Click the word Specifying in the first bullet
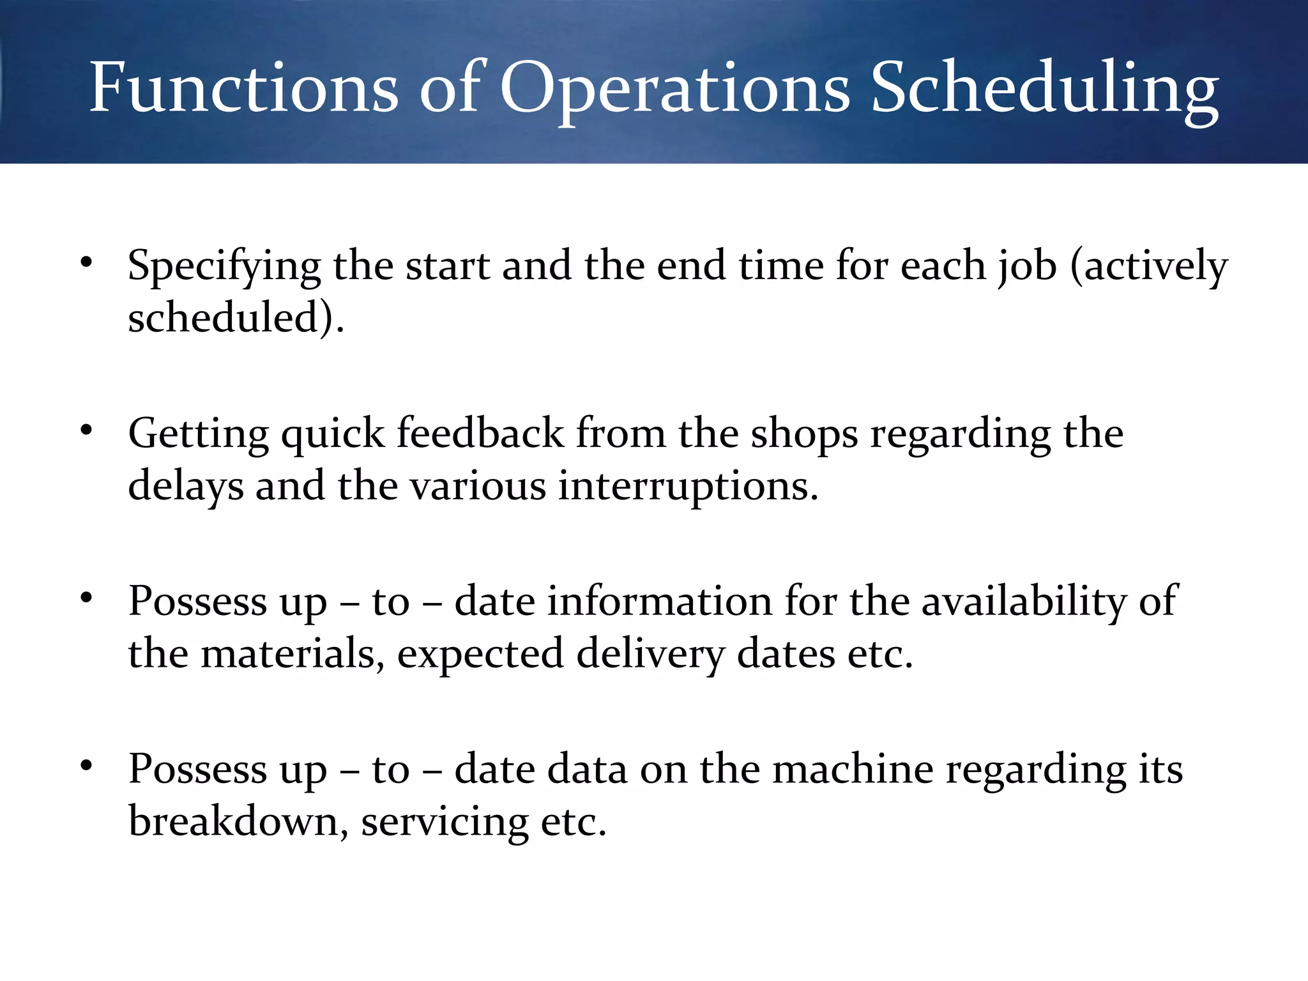[x=224, y=266]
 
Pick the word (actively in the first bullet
[x=1149, y=266]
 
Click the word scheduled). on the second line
[x=236, y=317]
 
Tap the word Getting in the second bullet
[x=199, y=434]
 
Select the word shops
[x=804, y=434]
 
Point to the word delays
[x=186, y=486]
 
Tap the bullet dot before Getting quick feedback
[x=87, y=430]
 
